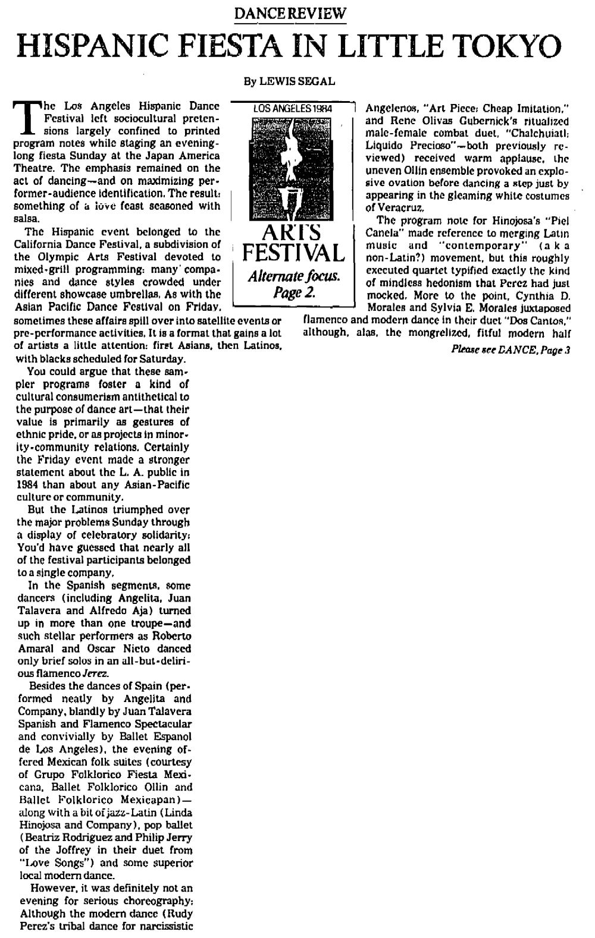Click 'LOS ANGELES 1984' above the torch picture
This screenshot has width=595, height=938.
[x=292, y=109]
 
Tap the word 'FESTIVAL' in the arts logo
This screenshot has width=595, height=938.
[x=292, y=253]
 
